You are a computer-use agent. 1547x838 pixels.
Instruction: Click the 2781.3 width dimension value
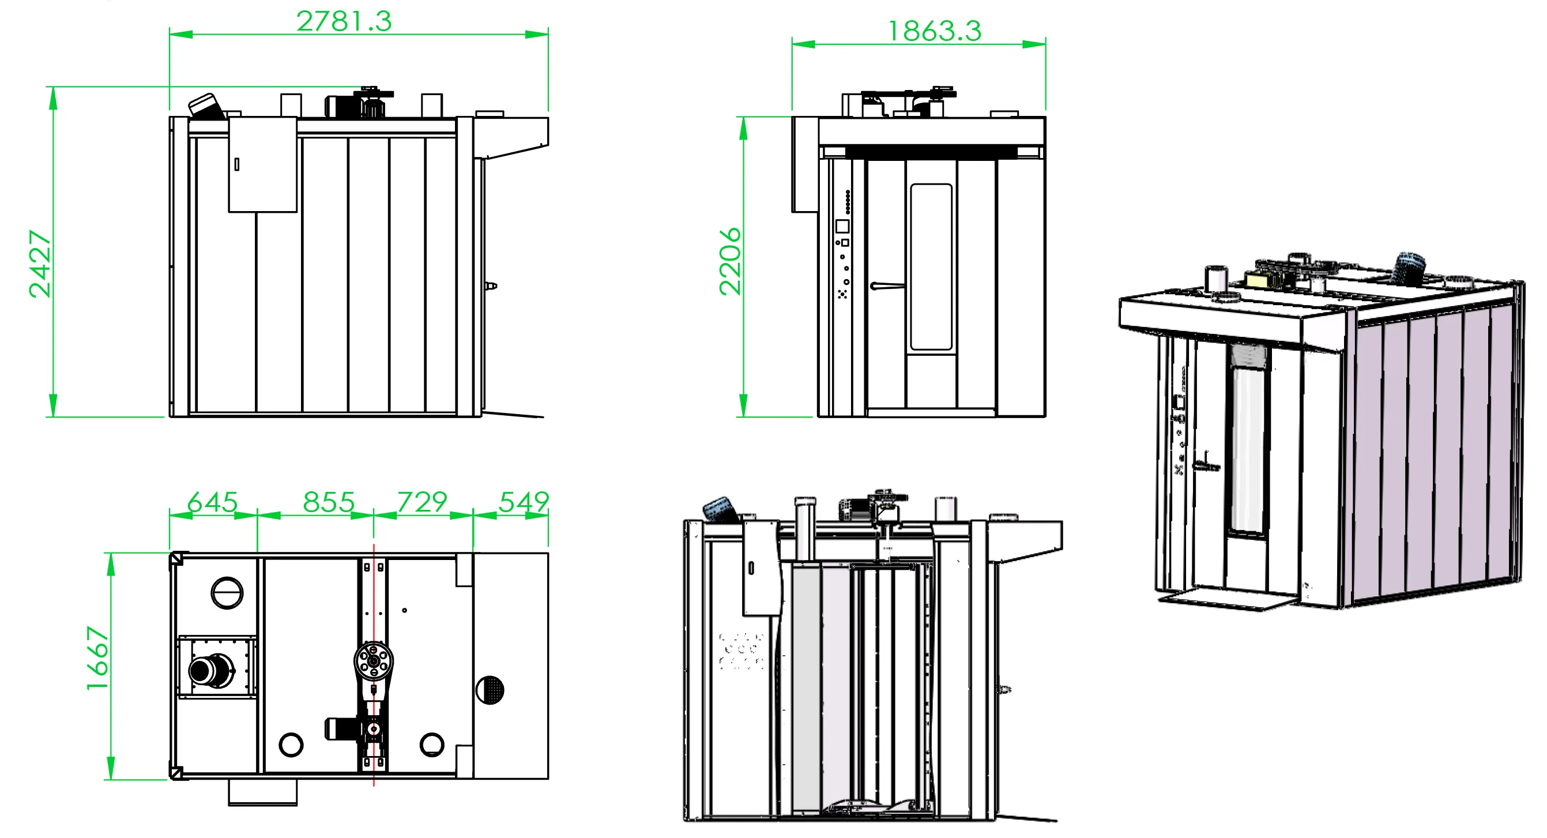tap(344, 21)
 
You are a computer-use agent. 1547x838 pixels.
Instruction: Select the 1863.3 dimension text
tap(935, 31)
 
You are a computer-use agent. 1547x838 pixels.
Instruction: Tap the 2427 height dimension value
tap(40, 264)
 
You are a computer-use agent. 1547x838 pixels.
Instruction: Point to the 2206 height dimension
tap(731, 261)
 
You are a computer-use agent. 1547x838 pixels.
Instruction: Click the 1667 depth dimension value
tap(97, 659)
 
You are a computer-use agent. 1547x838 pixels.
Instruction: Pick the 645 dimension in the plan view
tap(213, 502)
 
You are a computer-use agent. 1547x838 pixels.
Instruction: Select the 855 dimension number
tap(329, 502)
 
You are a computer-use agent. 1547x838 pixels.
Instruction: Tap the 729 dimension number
tap(422, 502)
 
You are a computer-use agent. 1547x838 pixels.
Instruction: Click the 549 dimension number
tap(524, 502)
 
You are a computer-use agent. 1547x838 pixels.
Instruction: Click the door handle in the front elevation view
tap(887, 286)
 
